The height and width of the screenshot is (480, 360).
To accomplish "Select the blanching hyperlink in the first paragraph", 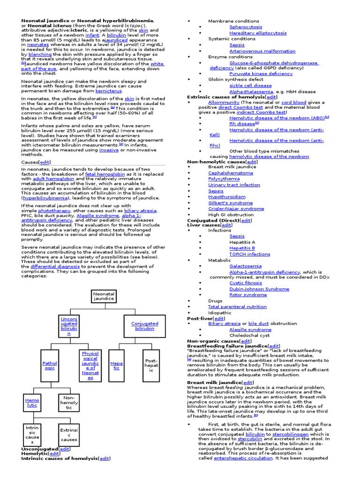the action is (x=40, y=54).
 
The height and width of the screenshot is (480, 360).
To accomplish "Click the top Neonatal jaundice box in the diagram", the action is (x=104, y=296).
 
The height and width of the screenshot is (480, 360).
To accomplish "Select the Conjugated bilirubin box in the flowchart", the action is (x=145, y=326).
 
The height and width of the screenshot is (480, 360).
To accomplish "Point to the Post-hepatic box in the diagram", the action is (x=151, y=364).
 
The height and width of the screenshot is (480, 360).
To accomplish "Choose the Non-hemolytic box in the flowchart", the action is (x=69, y=402).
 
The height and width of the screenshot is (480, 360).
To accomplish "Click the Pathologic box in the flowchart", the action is (x=49, y=366).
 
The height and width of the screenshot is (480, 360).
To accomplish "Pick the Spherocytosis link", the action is (x=246, y=27).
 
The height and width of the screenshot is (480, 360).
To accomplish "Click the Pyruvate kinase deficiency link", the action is (x=261, y=74).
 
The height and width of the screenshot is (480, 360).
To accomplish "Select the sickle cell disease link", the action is (x=250, y=86).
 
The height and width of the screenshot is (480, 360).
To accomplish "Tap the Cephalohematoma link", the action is (x=231, y=173).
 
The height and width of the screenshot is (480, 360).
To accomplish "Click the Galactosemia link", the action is (x=246, y=266).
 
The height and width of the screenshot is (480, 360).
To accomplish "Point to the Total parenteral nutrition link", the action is (x=238, y=307).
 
